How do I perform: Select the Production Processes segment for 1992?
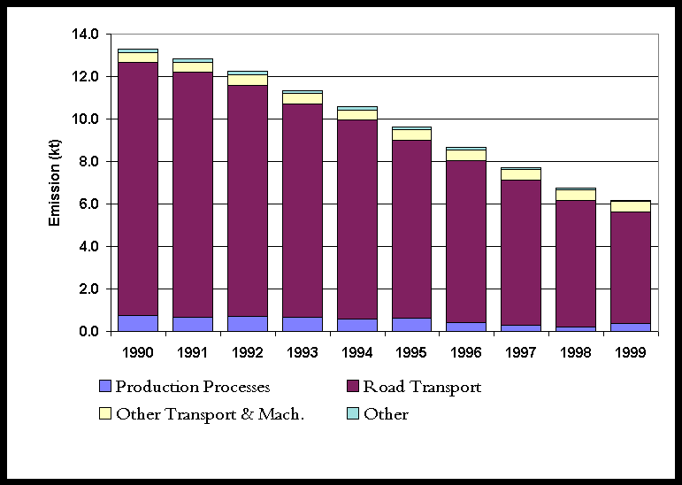(x=247, y=324)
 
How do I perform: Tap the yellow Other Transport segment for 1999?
(x=631, y=206)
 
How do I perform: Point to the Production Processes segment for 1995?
(x=410, y=325)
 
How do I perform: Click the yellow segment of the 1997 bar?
(x=521, y=174)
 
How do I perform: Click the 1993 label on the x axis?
(x=302, y=351)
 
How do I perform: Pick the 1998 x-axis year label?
(x=576, y=351)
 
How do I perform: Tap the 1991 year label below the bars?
(x=192, y=351)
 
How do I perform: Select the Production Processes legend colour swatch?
(x=105, y=387)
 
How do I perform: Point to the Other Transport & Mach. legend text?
(x=210, y=414)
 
